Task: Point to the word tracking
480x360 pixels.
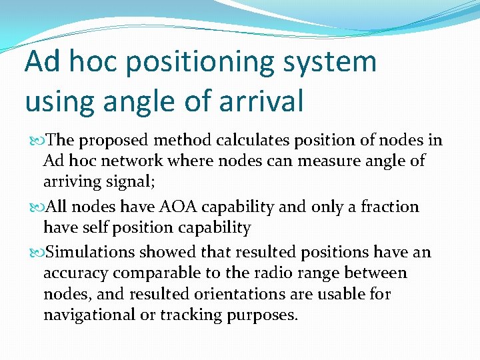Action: [x=189, y=315]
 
